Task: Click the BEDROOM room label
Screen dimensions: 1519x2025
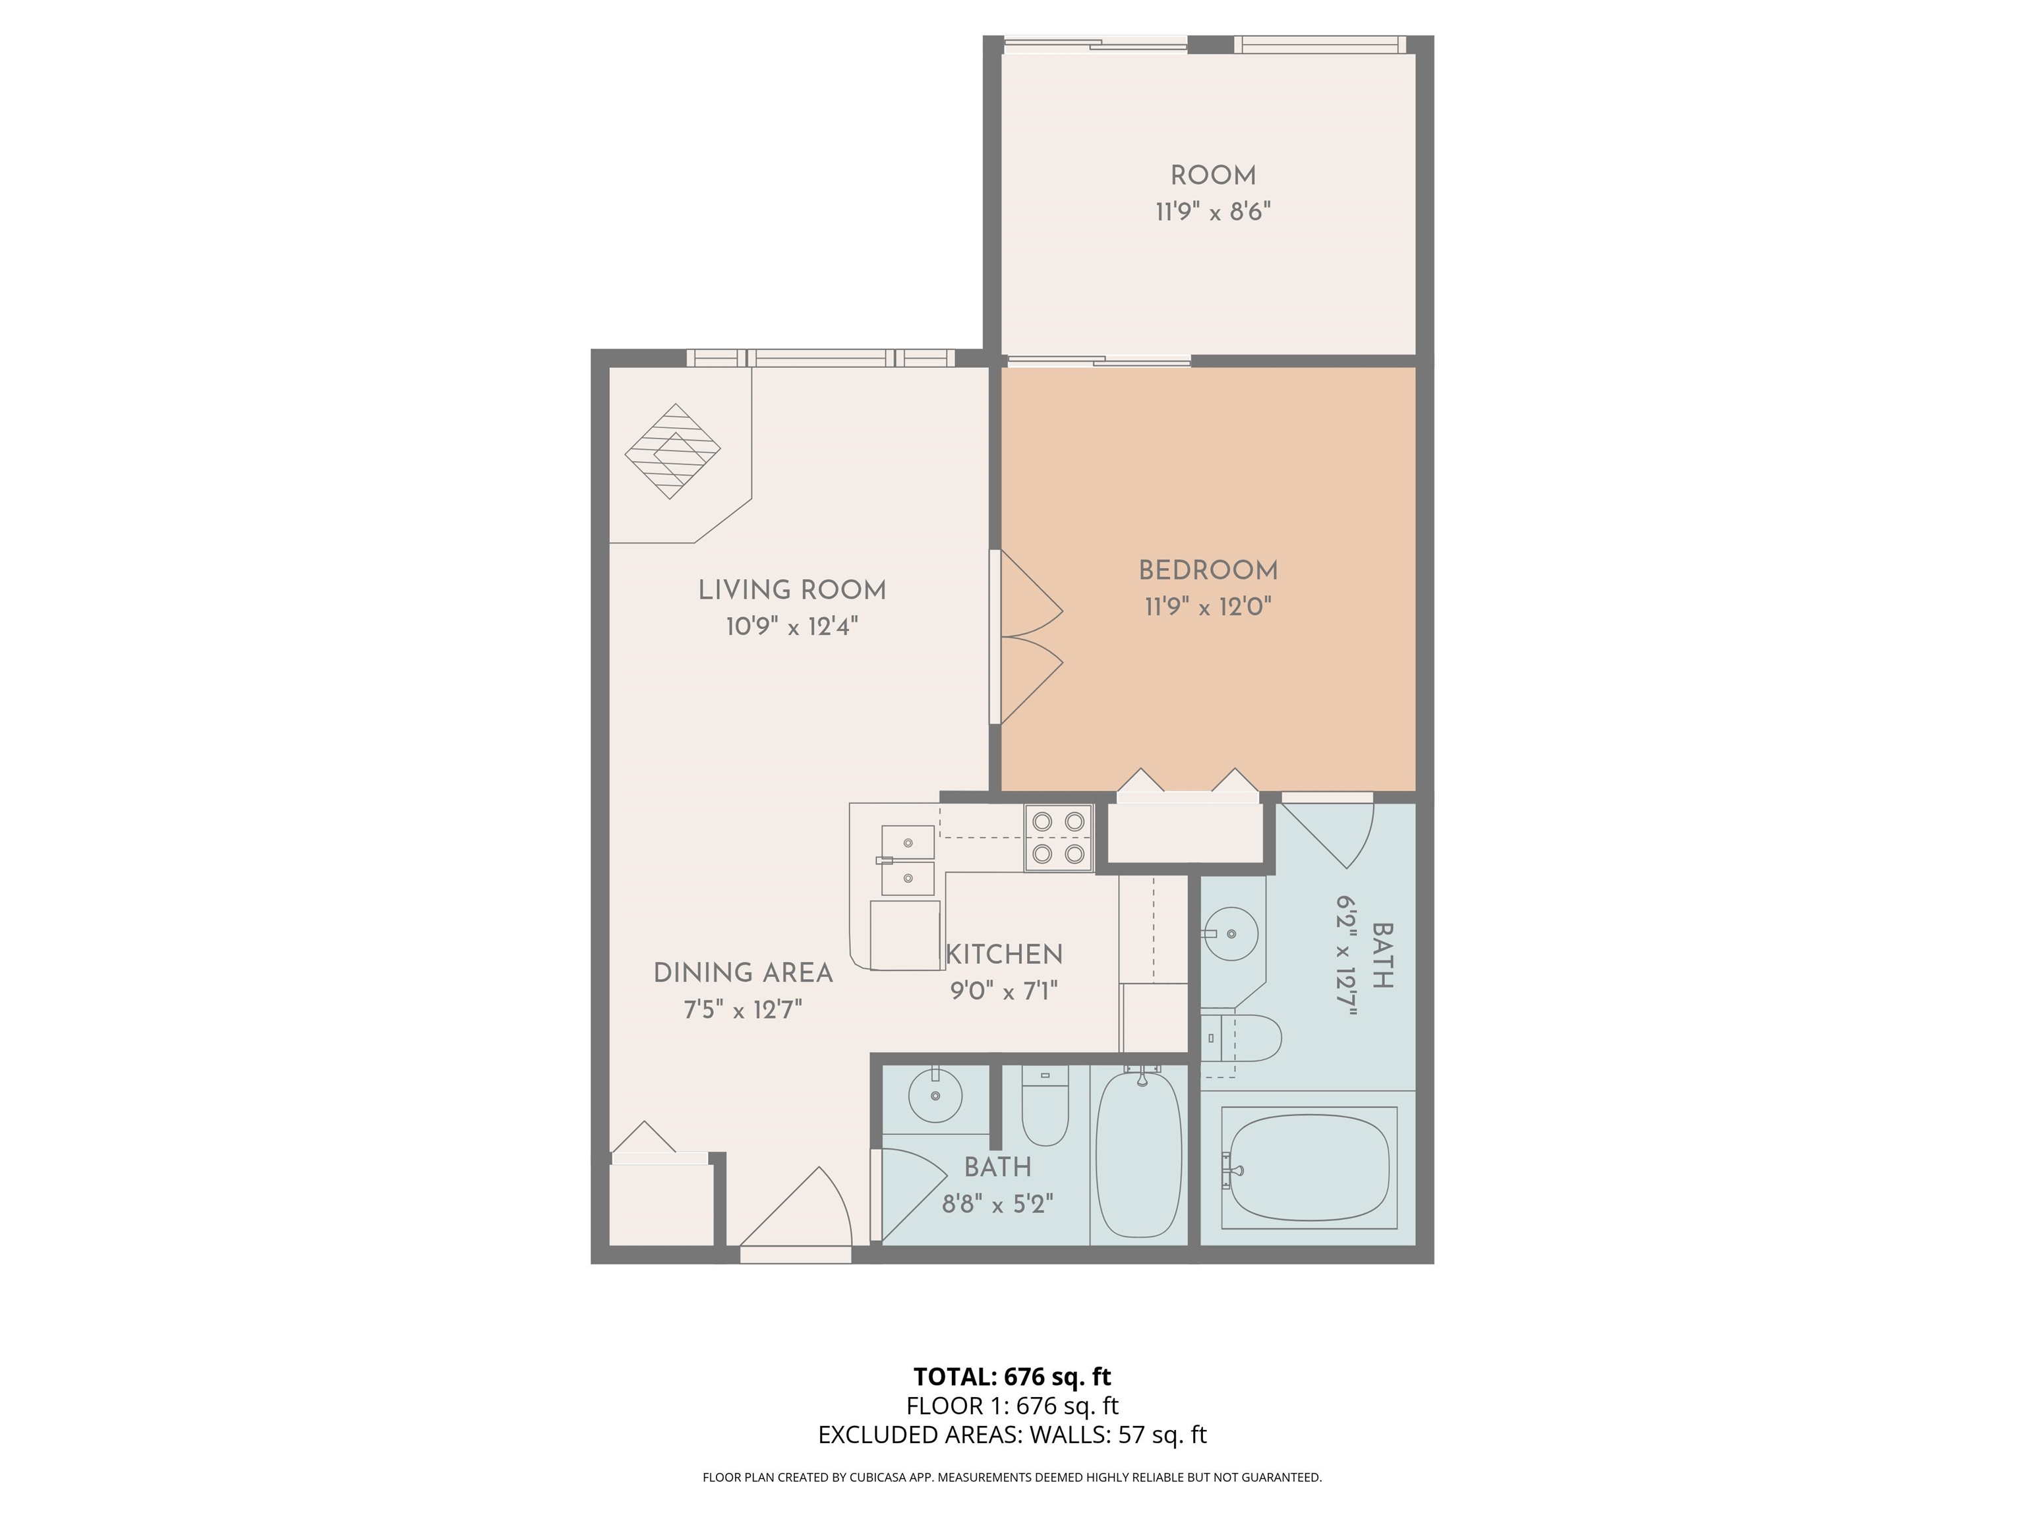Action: [x=1208, y=570]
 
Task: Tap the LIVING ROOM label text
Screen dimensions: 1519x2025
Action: [x=792, y=589]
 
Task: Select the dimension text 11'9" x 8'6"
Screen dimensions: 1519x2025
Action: [x=1212, y=212]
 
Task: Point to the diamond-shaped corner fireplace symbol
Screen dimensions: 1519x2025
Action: [x=672, y=452]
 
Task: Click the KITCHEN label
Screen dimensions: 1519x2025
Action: [x=1005, y=954]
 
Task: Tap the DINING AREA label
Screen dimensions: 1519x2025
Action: [x=742, y=972]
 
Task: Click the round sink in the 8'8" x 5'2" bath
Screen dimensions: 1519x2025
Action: [x=935, y=1095]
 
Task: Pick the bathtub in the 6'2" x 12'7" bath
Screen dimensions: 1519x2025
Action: [x=1308, y=1168]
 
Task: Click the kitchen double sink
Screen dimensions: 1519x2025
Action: [x=907, y=860]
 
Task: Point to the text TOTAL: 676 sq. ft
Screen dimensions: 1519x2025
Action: [x=1012, y=1376]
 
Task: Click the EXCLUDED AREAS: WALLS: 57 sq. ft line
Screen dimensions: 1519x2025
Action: [x=1012, y=1435]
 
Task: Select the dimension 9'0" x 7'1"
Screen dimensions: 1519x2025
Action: [x=1005, y=992]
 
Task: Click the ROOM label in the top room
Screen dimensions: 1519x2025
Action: [x=1212, y=176]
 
